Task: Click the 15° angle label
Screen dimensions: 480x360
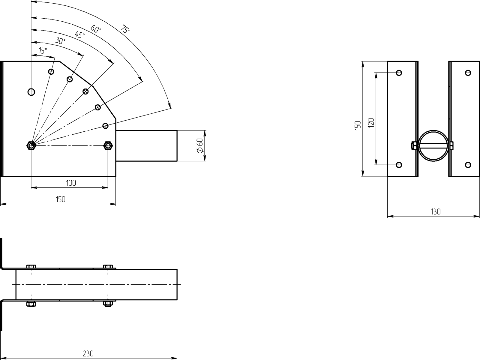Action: pos(43,51)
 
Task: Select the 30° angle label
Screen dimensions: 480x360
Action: pos(60,41)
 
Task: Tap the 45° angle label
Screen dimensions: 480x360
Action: pos(80,34)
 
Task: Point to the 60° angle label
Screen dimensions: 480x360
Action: pos(96,29)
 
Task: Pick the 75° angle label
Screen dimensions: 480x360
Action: pos(125,29)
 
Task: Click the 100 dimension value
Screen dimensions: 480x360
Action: pos(71,183)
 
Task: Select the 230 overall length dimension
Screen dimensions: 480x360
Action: pos(88,353)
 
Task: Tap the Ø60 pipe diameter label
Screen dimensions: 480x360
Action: pos(200,146)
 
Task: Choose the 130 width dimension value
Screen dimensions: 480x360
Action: pos(436,211)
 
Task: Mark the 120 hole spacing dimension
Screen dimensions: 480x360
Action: pos(371,123)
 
